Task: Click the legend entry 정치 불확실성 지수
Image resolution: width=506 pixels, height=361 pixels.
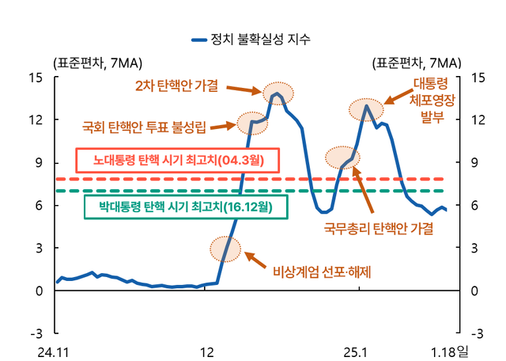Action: click(260, 39)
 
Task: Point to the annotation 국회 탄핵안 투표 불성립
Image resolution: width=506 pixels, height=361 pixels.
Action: click(144, 126)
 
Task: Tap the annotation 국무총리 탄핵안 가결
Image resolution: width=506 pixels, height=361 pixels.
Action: click(379, 229)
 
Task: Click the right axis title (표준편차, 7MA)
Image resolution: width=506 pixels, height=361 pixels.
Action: click(417, 61)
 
